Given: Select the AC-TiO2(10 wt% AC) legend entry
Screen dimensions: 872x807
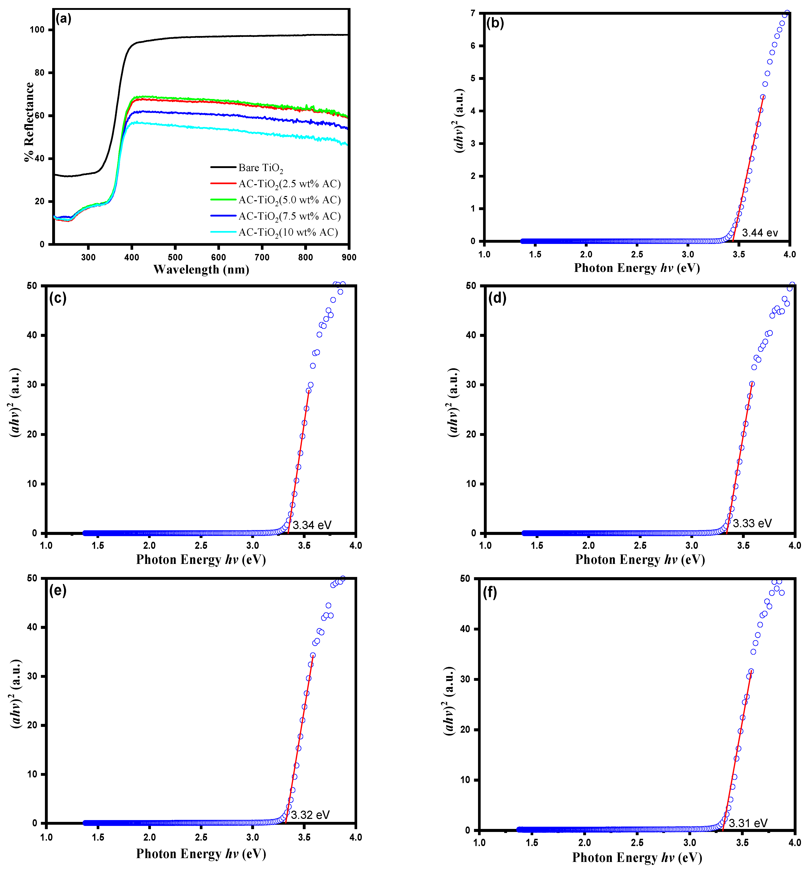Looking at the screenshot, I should (288, 232).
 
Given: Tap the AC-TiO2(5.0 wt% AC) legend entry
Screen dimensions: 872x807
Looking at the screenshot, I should (289, 200).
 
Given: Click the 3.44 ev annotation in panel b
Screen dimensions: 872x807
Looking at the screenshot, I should (760, 233).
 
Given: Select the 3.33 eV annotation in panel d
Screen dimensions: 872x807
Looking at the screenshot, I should (752, 523).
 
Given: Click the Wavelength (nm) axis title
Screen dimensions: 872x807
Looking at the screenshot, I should (201, 270).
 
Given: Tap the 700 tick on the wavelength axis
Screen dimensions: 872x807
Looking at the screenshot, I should (262, 257).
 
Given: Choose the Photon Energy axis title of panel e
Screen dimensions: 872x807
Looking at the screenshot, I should (201, 854).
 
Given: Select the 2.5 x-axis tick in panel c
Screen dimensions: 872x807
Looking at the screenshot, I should (201, 546).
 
